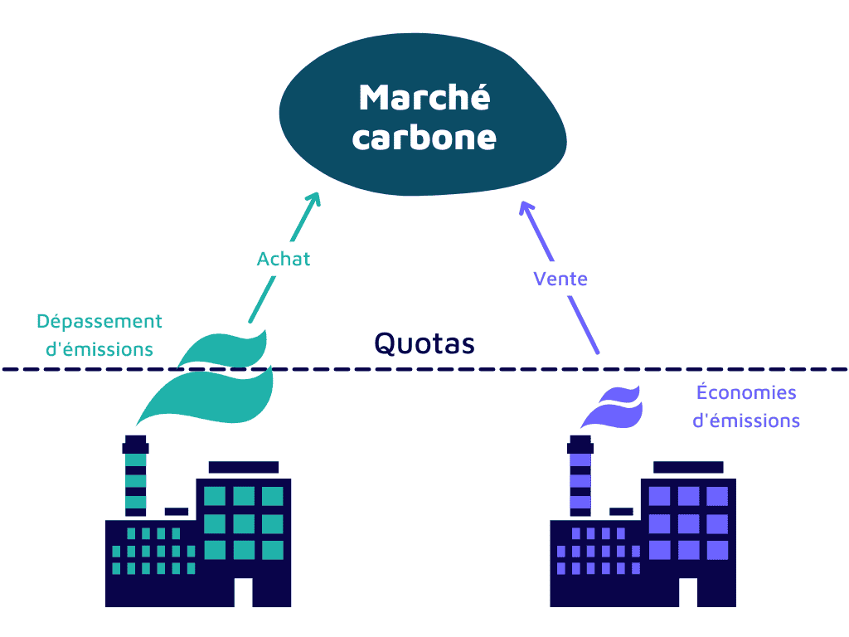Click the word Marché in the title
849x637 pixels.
[424, 98]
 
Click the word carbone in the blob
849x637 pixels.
[424, 137]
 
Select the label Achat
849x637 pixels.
[284, 259]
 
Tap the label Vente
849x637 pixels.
[560, 279]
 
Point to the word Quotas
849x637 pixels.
[424, 343]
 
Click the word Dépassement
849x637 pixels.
[99, 321]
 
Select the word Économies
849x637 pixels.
[746, 392]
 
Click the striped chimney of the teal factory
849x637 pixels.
[135, 481]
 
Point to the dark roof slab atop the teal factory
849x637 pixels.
[243, 466]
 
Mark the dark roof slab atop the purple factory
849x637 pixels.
[688, 466]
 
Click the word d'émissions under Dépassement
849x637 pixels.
[99, 349]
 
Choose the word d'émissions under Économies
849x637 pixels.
[746, 421]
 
